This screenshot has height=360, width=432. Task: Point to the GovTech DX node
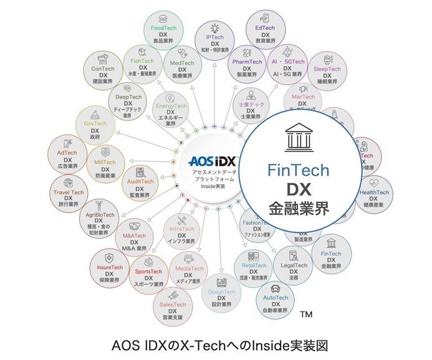coord(95,127)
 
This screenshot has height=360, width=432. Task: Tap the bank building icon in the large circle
coord(299,139)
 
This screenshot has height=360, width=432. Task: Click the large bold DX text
coord(299,189)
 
